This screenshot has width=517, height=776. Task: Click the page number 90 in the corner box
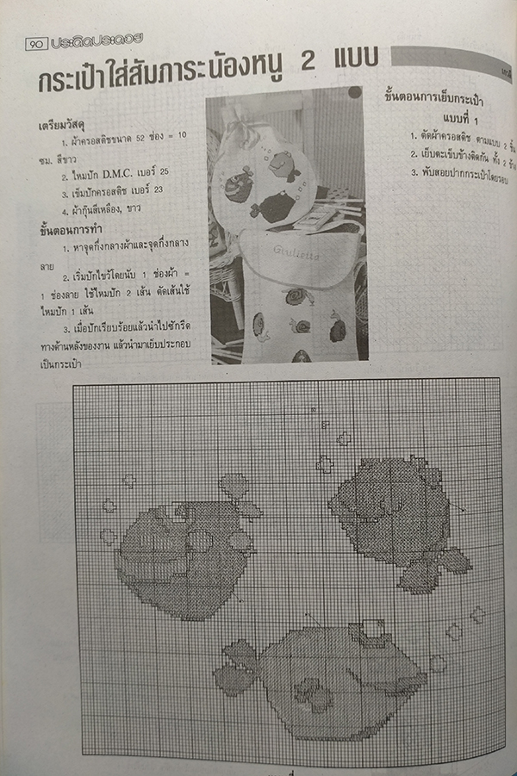[36, 42]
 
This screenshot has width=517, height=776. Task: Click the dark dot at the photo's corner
[354, 91]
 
